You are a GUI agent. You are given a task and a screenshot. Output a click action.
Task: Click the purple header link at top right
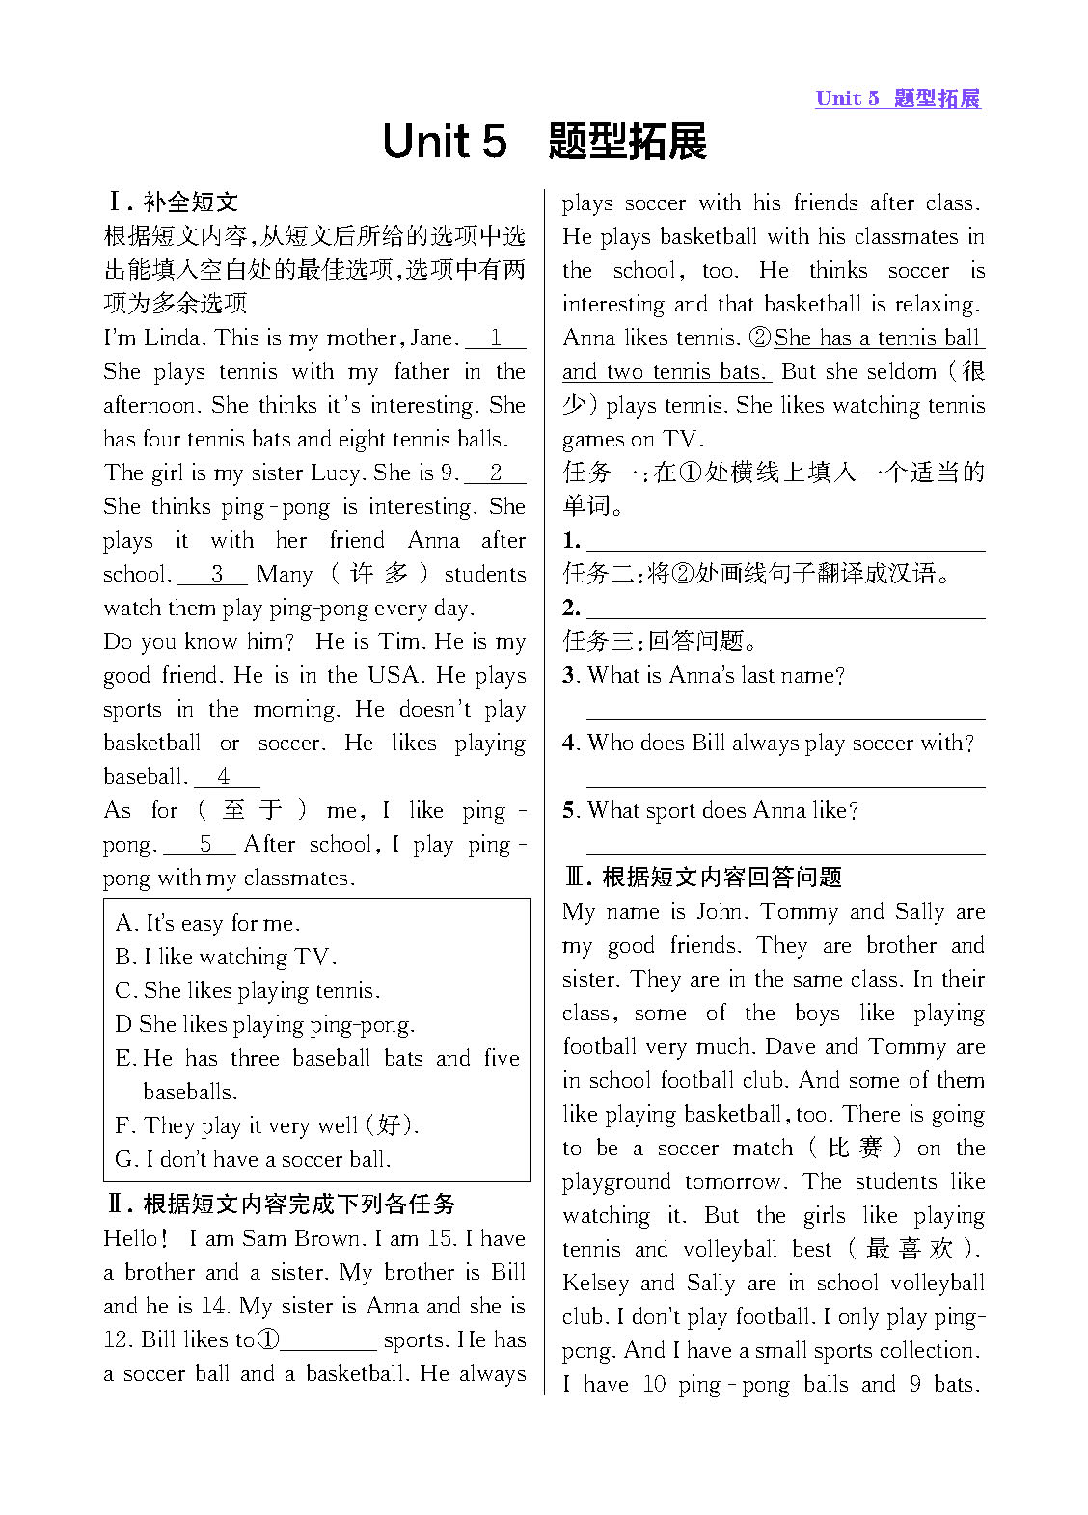coord(897,98)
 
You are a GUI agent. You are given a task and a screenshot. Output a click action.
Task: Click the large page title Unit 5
coord(445,142)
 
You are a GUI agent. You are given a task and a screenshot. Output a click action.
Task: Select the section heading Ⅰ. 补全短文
coord(173,203)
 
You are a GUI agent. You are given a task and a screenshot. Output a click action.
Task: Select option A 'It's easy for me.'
coord(208,924)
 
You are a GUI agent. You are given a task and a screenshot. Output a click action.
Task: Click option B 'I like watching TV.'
coord(226,958)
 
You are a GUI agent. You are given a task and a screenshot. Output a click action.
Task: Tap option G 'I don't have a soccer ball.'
coord(253,1160)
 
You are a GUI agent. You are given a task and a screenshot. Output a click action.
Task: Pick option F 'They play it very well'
coord(267,1126)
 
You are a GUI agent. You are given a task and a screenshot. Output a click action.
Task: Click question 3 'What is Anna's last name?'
coord(704,676)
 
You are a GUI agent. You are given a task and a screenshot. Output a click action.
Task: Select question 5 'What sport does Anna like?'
coord(711,811)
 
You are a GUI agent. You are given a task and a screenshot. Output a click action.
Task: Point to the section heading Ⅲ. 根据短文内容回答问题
coord(703,878)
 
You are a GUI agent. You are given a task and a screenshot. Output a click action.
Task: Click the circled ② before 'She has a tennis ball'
coord(760,338)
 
